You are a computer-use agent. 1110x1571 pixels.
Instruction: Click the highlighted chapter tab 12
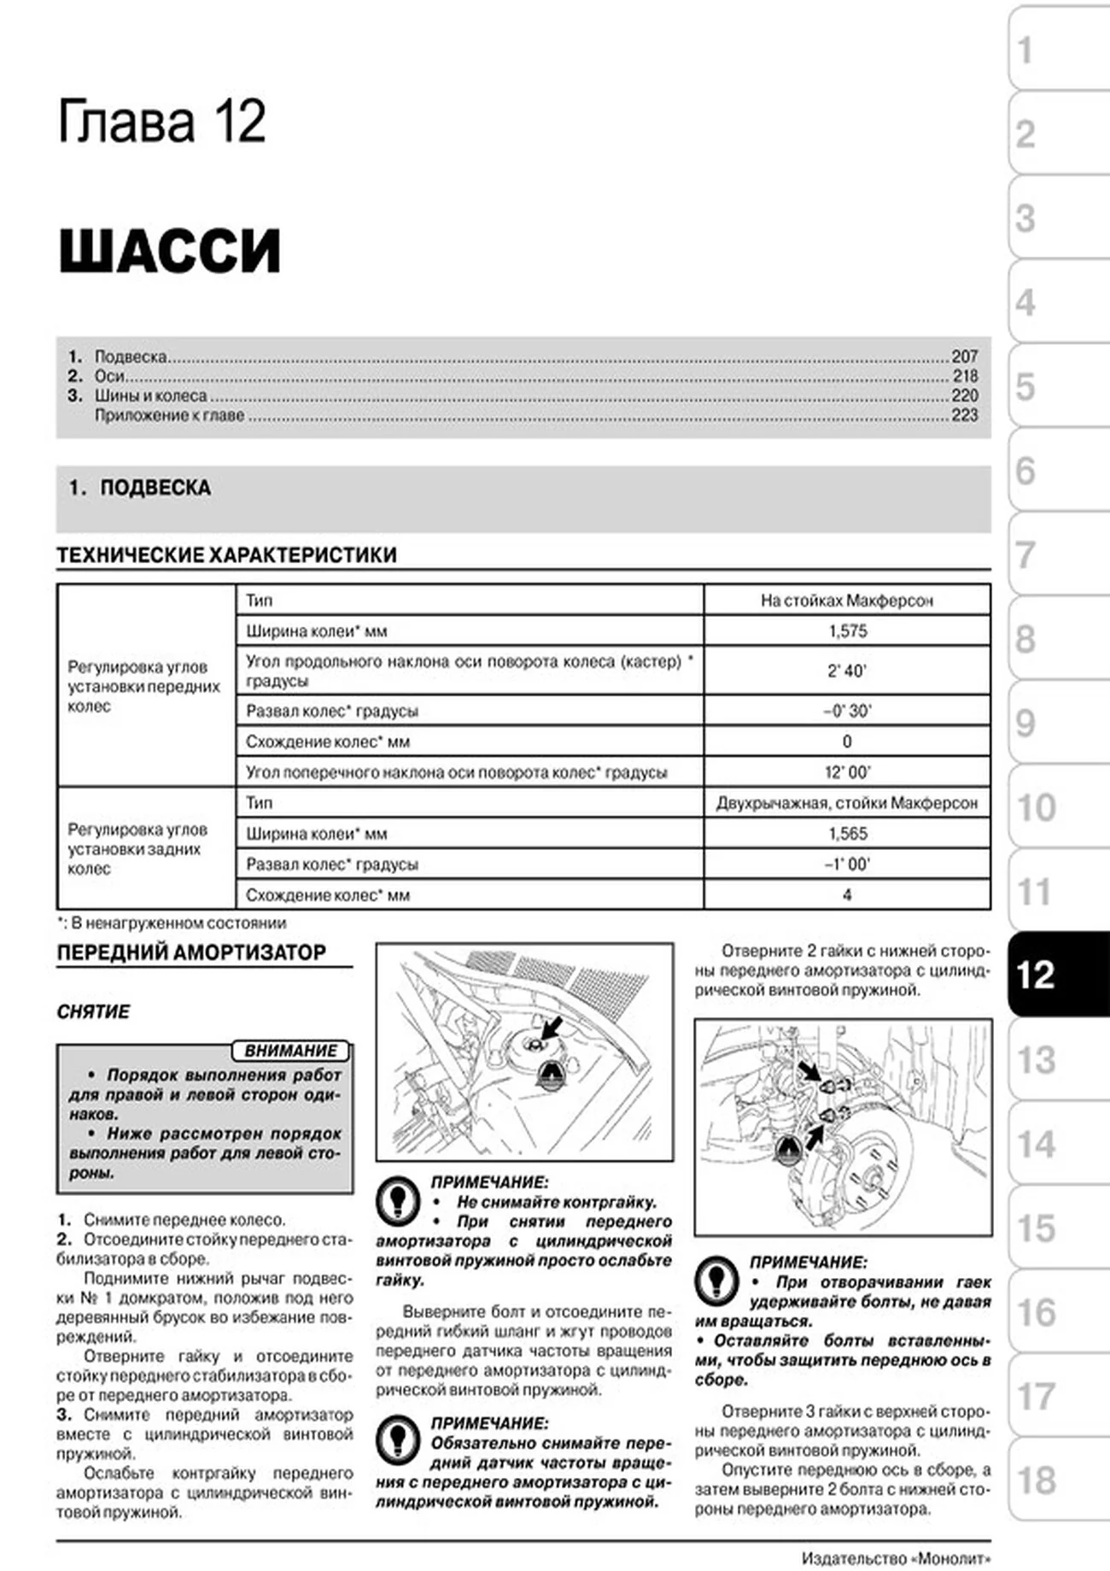coord(1057,975)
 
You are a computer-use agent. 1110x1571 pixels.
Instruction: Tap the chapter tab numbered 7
coord(1057,554)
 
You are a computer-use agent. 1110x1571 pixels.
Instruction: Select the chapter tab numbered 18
coord(1057,1480)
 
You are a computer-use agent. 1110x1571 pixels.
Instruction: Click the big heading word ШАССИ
coord(169,251)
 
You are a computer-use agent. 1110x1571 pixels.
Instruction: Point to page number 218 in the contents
coord(965,376)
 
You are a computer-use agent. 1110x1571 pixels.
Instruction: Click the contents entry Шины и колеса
coord(150,396)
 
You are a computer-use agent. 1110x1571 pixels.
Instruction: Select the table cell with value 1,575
coord(846,631)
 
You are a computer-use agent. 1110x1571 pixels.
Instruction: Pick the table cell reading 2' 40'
coord(846,671)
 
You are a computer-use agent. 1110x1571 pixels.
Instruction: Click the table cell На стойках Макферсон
coord(846,601)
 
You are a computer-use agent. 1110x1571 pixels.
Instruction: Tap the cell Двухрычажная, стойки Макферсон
coord(846,803)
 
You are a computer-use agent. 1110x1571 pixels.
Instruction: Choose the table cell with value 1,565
coord(846,834)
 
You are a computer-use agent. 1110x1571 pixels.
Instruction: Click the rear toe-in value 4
coord(846,895)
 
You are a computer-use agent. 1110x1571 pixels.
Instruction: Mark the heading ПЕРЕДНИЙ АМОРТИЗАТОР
coord(191,953)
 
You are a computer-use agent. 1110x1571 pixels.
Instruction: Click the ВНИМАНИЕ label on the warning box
coord(290,1051)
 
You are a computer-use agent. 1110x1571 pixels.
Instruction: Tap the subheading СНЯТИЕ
coord(93,1012)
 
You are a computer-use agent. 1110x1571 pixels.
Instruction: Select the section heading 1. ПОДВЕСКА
coord(140,488)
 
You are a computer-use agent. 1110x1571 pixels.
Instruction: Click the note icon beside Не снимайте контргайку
coord(396,1200)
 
